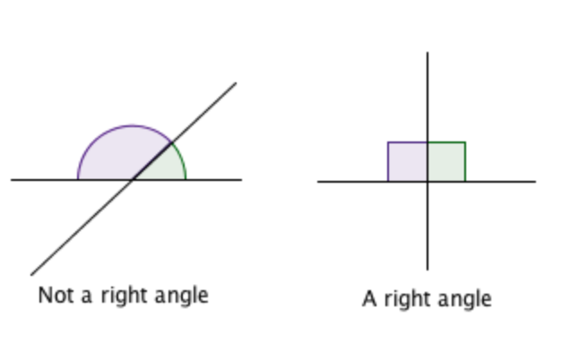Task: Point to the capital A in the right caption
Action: pos(369,298)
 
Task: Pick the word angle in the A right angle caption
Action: pos(462,298)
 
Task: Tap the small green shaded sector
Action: pos(166,166)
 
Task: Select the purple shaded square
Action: pos(407,161)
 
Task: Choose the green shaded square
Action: pos(446,161)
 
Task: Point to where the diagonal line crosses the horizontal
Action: pos(134,180)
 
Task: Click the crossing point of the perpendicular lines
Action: pos(428,182)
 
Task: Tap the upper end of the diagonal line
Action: pos(236,84)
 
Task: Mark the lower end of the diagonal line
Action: pos(32,274)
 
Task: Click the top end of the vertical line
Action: pos(428,53)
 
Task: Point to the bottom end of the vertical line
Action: pos(428,269)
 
